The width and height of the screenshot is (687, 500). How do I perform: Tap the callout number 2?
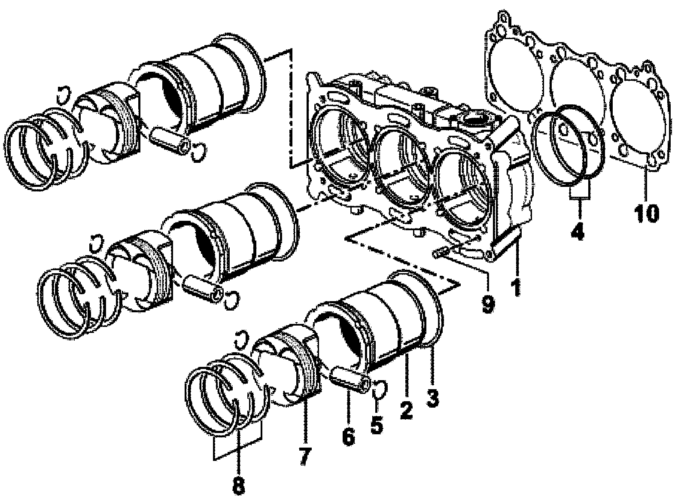click(406, 410)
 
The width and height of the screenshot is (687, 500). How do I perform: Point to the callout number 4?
click(578, 231)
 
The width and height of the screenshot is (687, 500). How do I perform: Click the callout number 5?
click(377, 425)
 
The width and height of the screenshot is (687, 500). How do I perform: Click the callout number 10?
click(646, 213)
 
